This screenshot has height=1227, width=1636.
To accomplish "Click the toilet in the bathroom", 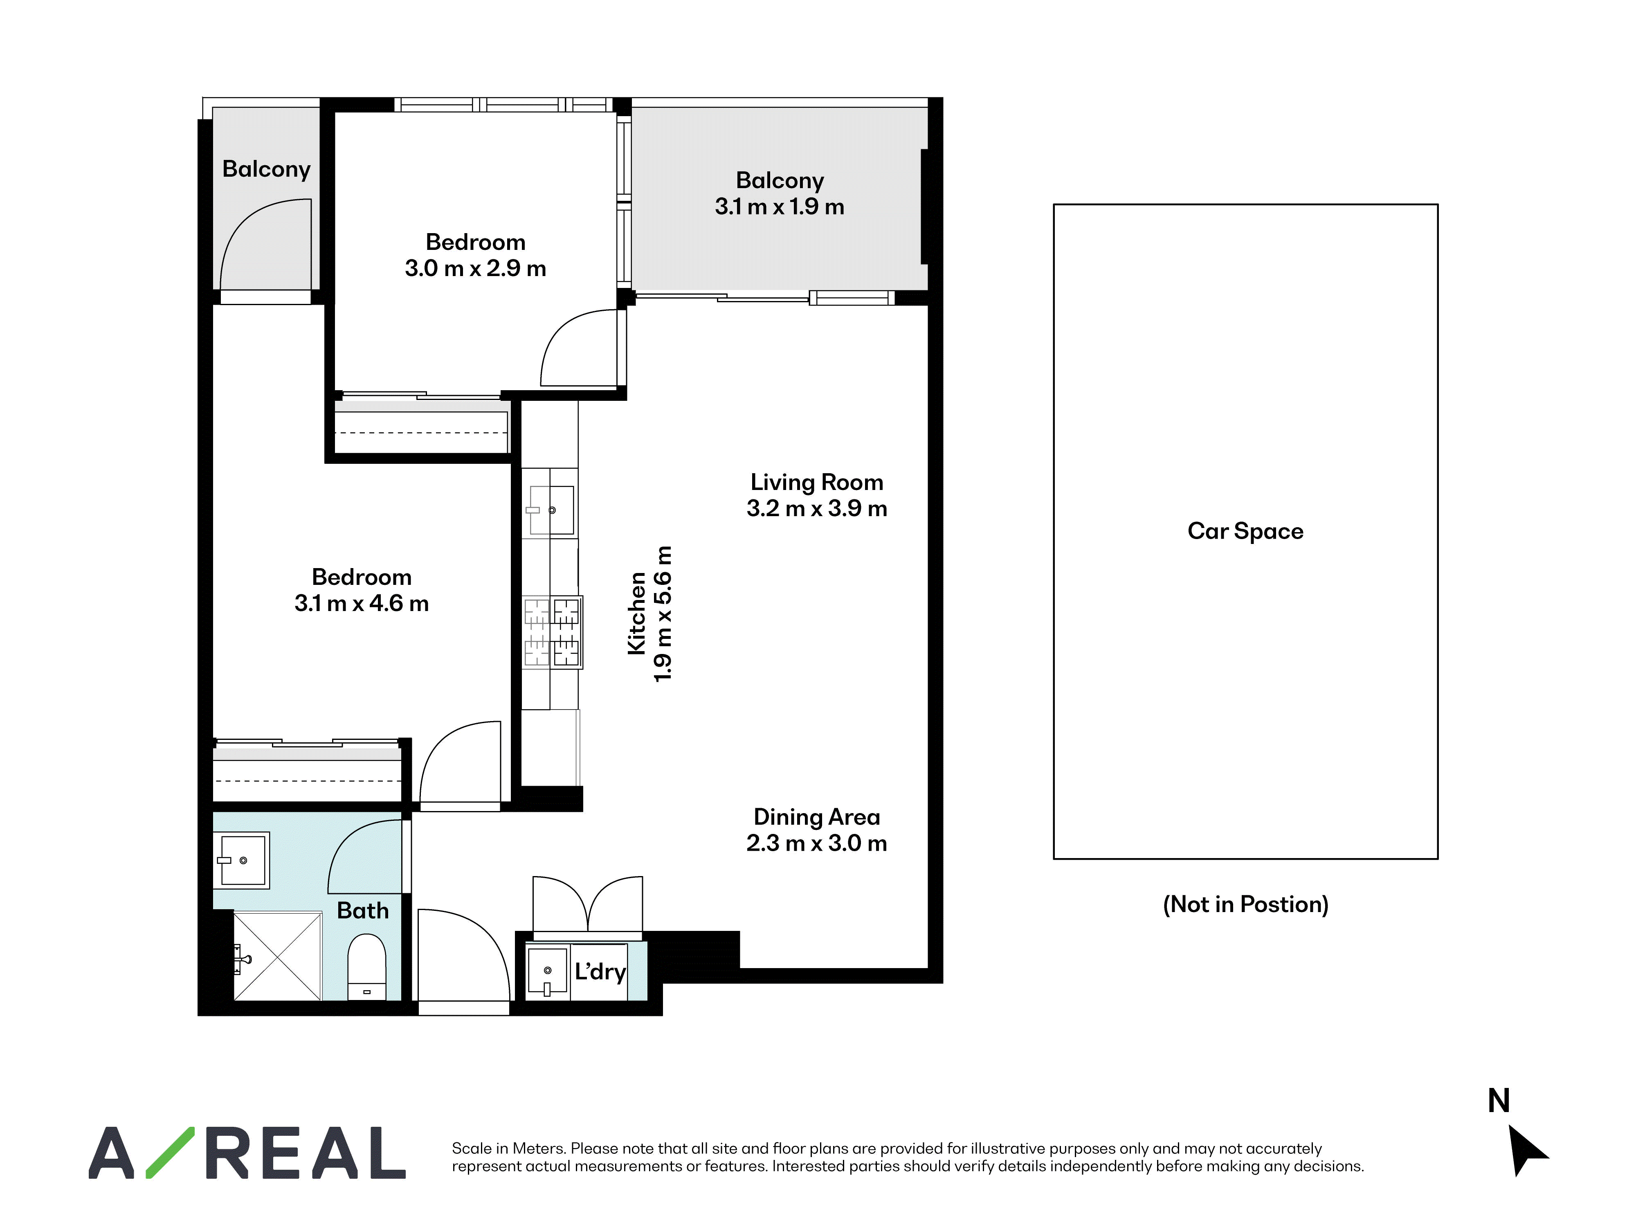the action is coord(367,966).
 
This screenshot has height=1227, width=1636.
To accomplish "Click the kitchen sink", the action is coord(550,510).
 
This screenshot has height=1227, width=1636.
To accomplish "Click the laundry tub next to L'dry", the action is coord(547,971).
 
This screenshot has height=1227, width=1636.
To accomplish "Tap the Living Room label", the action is coord(816,482).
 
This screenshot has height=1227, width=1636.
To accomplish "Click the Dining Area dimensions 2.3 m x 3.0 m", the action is coord(816,843).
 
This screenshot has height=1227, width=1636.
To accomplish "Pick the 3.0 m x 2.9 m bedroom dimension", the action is coord(476,268).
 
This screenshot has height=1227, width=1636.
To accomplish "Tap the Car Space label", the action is coord(1245,531).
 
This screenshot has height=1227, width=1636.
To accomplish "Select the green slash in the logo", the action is coord(170,1152).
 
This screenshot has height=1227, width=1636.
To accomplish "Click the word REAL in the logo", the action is coord(305,1152).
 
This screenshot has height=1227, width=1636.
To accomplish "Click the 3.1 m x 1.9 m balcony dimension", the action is coord(780,207).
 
